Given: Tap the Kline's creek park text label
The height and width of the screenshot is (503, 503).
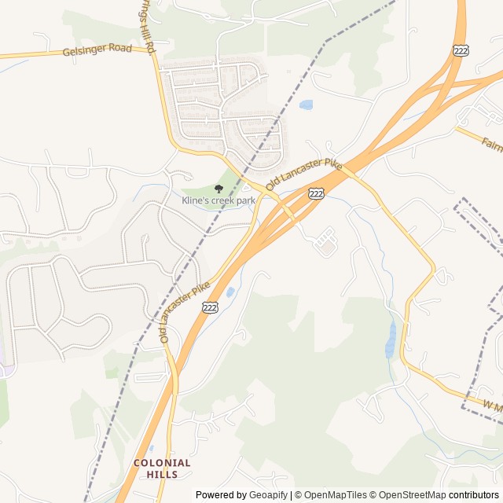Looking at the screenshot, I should click(219, 201).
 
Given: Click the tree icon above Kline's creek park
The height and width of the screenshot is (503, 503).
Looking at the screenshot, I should click(218, 189).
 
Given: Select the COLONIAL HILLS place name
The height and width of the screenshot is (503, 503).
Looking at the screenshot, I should click(162, 468).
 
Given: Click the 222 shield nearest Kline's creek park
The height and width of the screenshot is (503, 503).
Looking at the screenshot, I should click(316, 193).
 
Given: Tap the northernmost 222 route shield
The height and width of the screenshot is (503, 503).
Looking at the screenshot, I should click(461, 50).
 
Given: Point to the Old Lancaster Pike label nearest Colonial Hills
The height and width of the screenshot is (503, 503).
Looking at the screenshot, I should click(185, 312).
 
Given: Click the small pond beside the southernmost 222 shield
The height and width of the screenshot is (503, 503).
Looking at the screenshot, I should click(229, 292).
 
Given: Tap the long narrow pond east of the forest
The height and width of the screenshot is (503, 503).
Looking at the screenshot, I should click(391, 340).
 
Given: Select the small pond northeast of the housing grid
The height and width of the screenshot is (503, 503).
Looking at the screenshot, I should click(307, 105).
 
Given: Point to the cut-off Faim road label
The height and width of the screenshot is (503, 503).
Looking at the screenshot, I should click(491, 145).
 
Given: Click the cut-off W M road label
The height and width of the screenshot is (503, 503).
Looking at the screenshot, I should click(492, 406).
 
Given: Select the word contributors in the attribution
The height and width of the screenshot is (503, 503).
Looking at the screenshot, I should click(474, 495).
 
